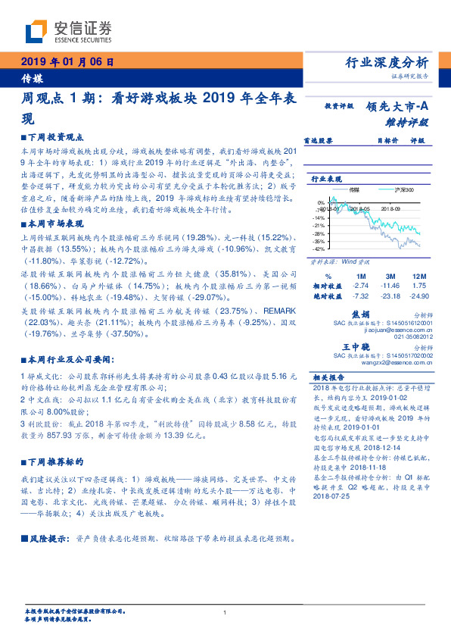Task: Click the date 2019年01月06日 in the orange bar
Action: coord(67,62)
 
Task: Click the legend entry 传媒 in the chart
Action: coord(354,189)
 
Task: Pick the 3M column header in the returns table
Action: coord(390,276)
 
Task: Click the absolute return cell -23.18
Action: coord(390,296)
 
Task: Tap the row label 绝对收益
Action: coord(328,296)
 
